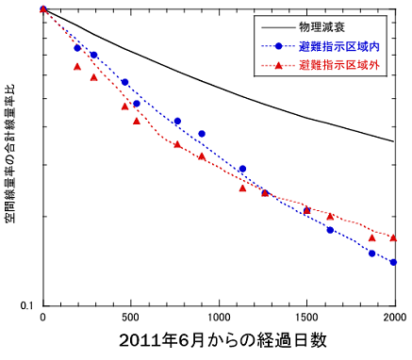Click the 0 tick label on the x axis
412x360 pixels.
point(43,318)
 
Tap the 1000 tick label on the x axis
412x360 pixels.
point(219,318)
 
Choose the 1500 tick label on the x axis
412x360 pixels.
point(306,318)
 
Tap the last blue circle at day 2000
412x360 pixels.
point(393,262)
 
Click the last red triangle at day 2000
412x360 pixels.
point(393,237)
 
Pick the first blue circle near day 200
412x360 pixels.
point(78,48)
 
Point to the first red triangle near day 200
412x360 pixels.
point(77,66)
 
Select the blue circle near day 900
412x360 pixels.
point(202,134)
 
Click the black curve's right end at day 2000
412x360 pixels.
point(393,141)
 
